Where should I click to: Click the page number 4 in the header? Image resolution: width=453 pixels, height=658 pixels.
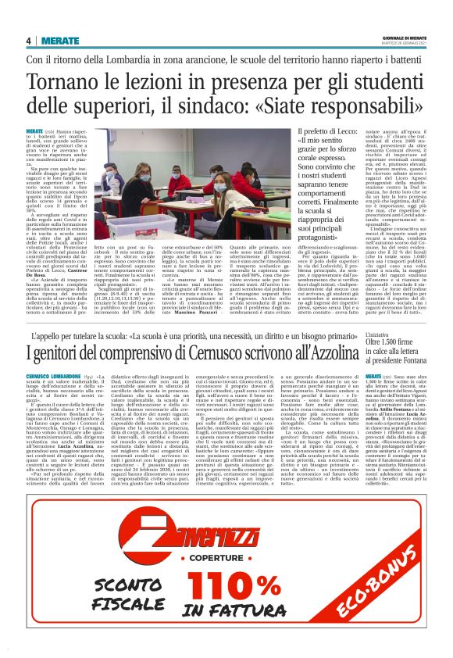(x=27, y=41)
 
